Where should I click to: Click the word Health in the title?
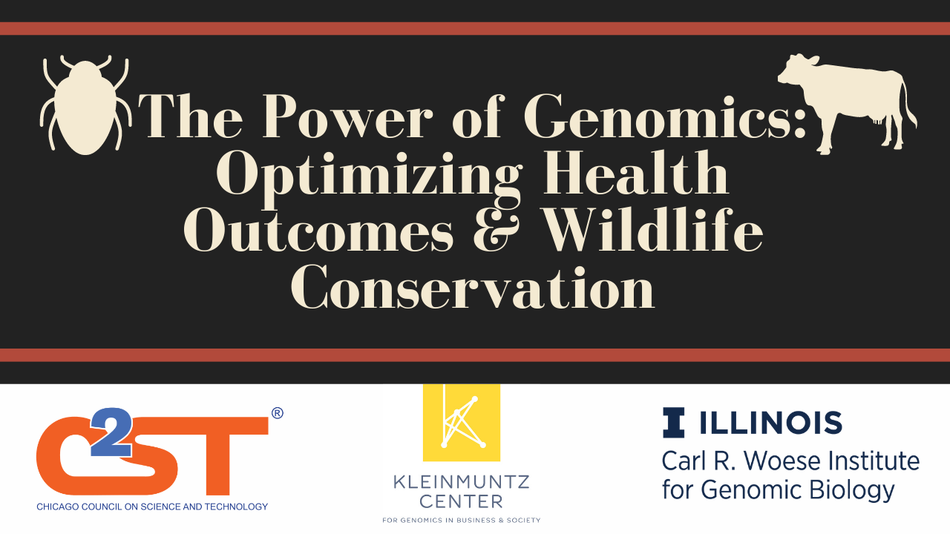tap(636, 173)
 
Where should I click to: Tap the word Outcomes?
tap(318, 231)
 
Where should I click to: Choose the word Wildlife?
tap(653, 229)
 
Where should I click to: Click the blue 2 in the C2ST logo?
tap(112, 432)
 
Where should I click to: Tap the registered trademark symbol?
tap(277, 413)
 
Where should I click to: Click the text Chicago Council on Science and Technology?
tap(152, 507)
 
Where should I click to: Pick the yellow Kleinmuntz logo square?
tap(462, 423)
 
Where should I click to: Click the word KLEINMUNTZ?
tap(462, 482)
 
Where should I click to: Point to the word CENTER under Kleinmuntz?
tap(462, 502)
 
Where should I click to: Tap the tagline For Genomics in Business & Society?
tap(462, 520)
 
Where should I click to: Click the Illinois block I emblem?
tap(673, 423)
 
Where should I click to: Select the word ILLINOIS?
tap(770, 423)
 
